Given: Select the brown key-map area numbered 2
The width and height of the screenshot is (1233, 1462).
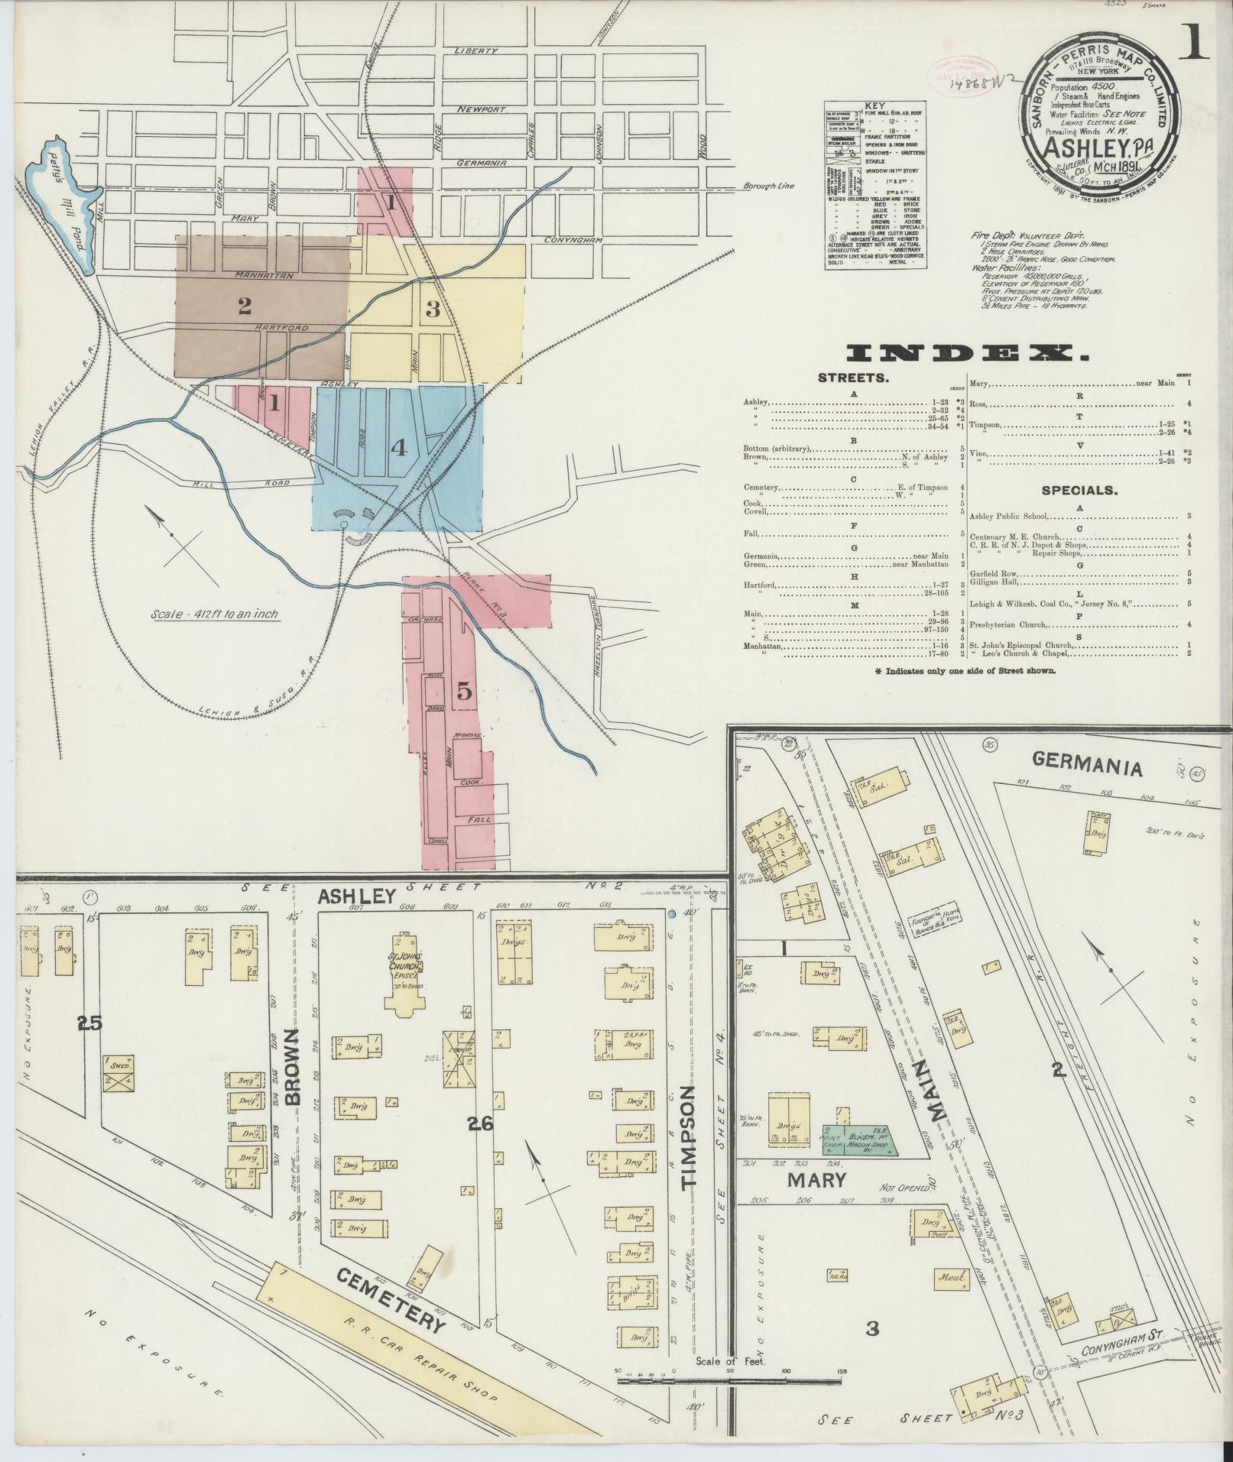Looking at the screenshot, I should pyautogui.click(x=245, y=306).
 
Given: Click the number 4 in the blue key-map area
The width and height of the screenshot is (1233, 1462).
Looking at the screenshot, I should pyautogui.click(x=398, y=448).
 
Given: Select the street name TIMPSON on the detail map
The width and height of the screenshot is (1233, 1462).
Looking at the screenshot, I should pyautogui.click(x=691, y=1146).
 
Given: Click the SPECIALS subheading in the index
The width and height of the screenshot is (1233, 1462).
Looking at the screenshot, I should pyautogui.click(x=1079, y=490).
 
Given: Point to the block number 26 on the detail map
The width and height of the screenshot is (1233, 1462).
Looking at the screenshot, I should pyautogui.click(x=479, y=1123).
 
